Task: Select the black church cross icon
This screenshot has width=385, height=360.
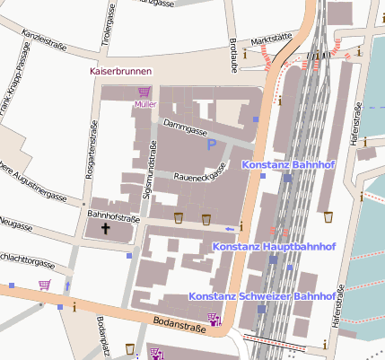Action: pos(106,229)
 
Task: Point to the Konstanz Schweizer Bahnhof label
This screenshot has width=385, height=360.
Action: pos(262,295)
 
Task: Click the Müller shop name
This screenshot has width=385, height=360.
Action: pos(144,104)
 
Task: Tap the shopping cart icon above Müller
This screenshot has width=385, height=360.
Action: pos(144,92)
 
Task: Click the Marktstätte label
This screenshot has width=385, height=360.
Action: pos(273,40)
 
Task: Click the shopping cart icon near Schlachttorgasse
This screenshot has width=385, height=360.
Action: pos(44,285)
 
